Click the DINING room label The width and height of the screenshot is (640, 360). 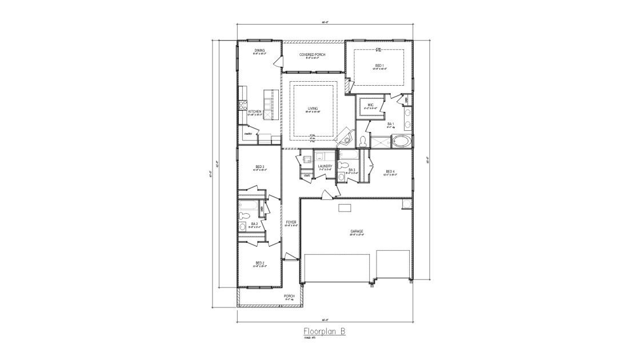point(259,50)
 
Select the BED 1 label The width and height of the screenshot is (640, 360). point(379,65)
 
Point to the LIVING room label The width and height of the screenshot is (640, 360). point(313,108)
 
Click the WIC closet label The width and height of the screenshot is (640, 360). point(370,105)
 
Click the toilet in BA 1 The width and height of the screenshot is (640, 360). point(364,141)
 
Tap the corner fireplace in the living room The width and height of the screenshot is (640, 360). point(345,137)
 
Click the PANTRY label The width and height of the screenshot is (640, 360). point(248,134)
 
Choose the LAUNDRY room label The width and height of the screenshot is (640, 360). point(325,166)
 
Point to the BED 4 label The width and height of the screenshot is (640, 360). point(390,171)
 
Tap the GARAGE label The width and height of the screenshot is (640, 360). point(357,231)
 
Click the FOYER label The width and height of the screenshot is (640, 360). point(291,222)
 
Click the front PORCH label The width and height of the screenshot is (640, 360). point(289,296)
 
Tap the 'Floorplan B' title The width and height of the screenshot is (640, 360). point(324,331)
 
